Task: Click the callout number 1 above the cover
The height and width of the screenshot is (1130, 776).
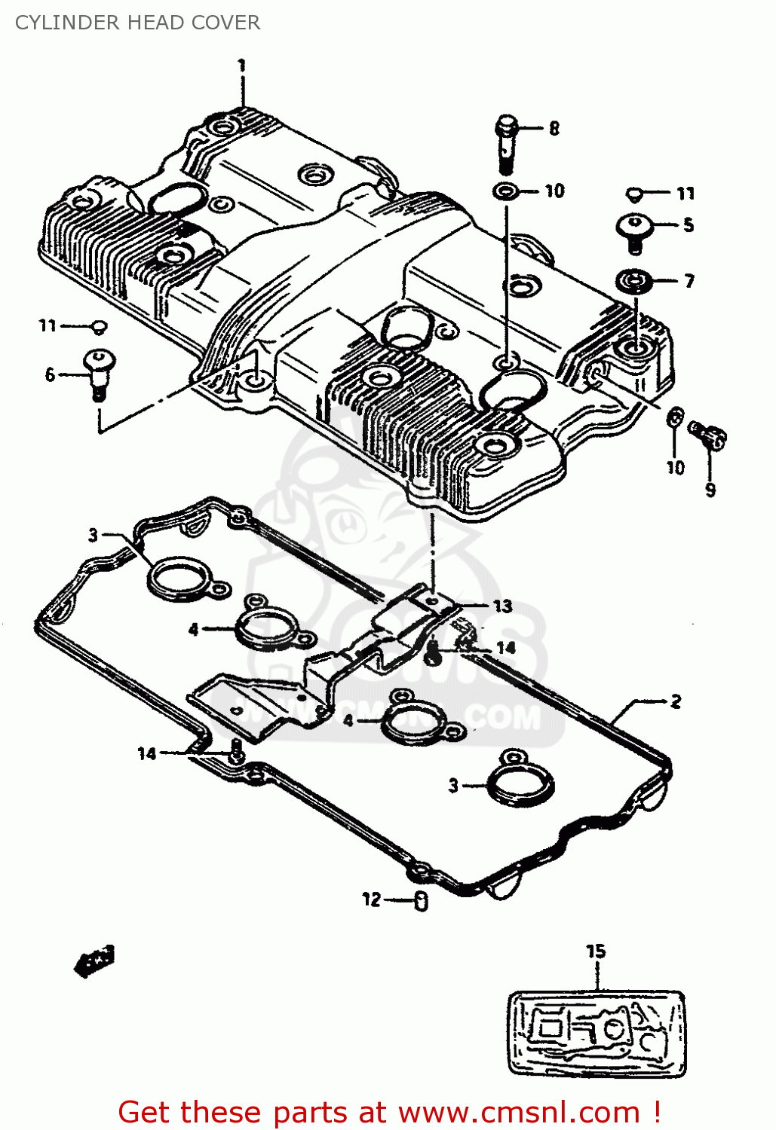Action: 241,66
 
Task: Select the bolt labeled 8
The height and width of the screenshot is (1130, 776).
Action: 507,142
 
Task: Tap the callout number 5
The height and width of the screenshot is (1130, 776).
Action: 688,224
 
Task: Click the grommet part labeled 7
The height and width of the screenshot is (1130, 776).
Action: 634,282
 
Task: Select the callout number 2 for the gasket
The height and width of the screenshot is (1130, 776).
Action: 675,701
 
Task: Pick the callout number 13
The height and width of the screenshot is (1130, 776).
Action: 502,606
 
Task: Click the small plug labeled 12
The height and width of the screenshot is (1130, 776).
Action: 422,900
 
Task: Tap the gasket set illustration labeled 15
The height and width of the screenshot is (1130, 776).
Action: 597,1032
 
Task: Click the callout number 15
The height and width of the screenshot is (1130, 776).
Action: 596,951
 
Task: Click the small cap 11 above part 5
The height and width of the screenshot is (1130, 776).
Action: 634,194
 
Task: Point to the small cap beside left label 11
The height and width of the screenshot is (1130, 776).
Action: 99,326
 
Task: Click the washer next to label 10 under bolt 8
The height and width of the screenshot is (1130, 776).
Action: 505,191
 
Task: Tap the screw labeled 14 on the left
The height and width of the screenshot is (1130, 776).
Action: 236,751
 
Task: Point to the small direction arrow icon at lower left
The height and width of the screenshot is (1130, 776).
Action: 94,961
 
